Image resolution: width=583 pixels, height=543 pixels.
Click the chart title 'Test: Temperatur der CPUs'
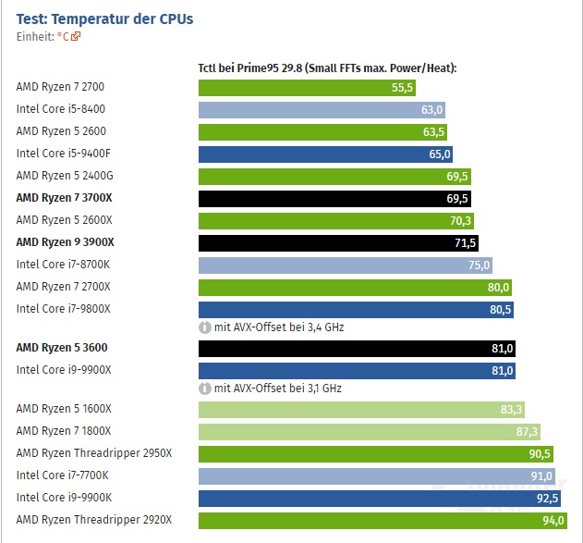[105, 19]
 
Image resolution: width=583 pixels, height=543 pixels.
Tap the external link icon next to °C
[76, 37]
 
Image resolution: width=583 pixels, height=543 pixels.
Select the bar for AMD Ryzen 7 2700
[307, 88]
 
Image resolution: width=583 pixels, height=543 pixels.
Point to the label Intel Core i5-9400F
[64, 154]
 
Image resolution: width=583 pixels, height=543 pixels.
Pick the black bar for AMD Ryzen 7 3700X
[334, 198]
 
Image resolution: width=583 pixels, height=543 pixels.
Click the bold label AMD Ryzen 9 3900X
[65, 242]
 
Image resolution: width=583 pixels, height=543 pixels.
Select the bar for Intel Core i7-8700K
[346, 265]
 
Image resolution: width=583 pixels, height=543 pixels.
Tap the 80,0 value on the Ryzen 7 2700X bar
[498, 287]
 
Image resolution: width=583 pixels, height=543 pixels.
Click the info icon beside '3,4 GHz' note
[205, 327]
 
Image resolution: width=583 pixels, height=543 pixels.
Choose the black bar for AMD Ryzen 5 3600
[357, 349]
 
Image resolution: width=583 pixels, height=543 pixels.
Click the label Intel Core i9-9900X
[64, 370]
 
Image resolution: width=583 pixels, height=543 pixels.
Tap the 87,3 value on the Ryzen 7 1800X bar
[527, 431]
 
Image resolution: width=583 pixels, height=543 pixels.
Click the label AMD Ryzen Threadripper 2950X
[94, 453]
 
